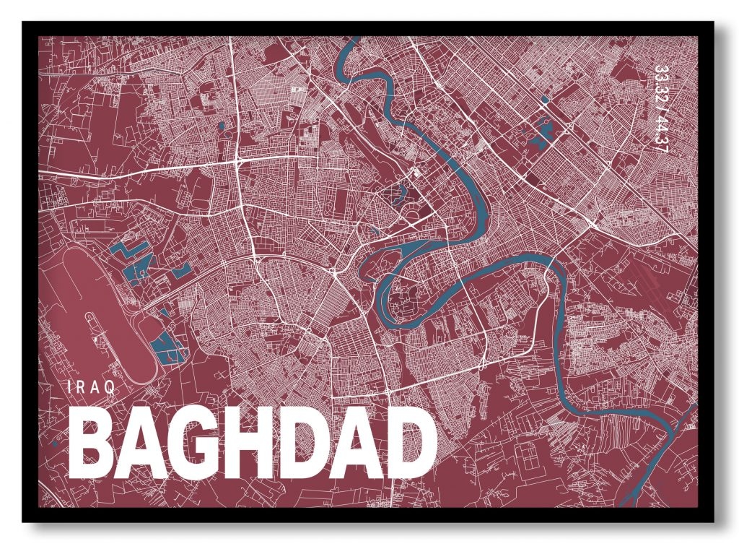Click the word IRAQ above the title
91,387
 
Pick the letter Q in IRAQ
110,387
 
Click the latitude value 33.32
660,85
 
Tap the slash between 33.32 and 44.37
660,109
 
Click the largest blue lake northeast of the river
541,134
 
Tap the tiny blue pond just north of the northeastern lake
544,99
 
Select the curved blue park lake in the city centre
395,192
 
